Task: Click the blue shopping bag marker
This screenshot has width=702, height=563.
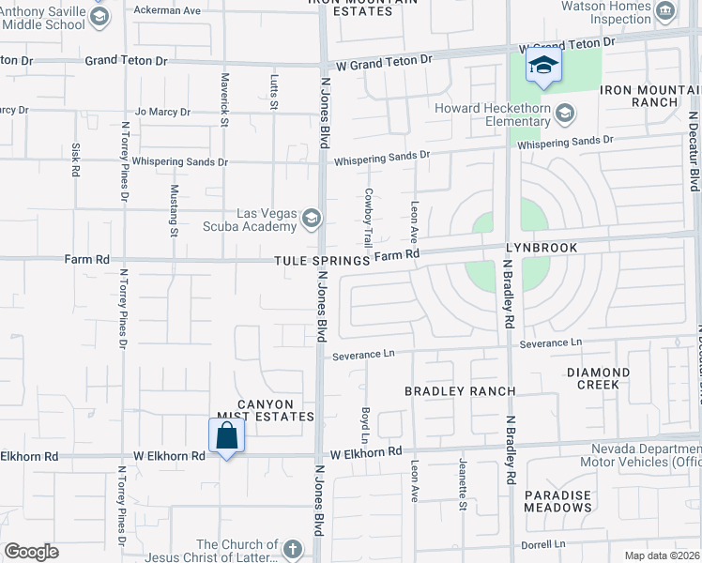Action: point(226,436)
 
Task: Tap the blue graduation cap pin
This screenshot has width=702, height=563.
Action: point(542,66)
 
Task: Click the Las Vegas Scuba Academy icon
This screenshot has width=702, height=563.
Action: point(312,220)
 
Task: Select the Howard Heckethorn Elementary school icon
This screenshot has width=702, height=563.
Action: point(565,114)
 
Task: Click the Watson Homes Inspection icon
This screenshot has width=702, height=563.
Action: point(665,11)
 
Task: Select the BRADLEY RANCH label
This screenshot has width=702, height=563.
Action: point(460,390)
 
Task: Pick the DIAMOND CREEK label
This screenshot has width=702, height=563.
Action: point(599,378)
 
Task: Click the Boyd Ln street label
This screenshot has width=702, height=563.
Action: point(364,425)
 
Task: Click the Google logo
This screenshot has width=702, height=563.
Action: point(31,552)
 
